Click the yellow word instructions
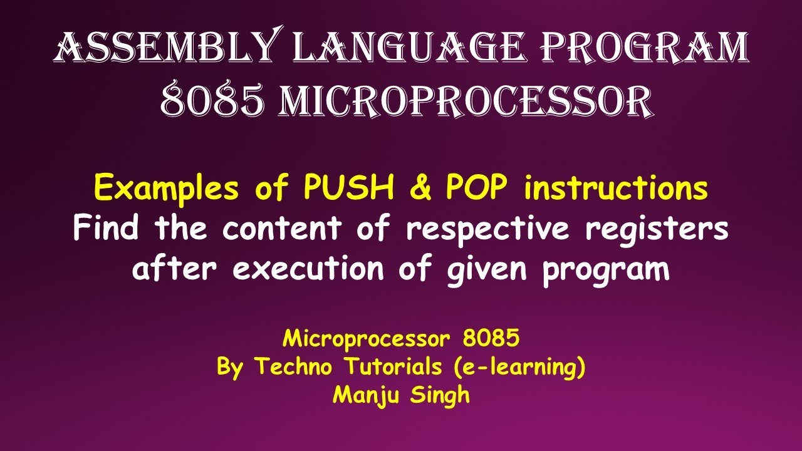[616, 189]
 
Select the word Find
[106, 229]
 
